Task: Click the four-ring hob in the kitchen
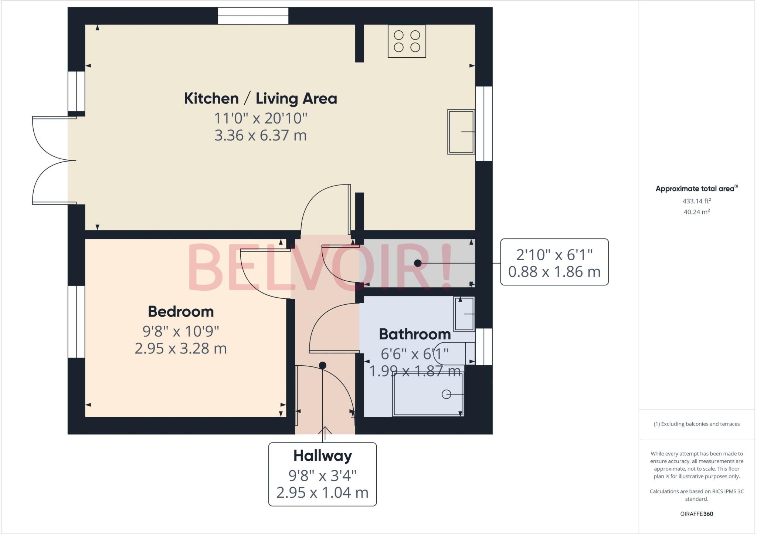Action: pyautogui.click(x=407, y=41)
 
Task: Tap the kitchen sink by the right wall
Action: pyautogui.click(x=461, y=132)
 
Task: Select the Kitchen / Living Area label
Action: pyautogui.click(x=261, y=99)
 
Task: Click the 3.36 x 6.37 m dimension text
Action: pyautogui.click(x=261, y=135)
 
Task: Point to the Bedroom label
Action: pyautogui.click(x=181, y=312)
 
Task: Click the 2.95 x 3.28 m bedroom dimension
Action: pyautogui.click(x=181, y=348)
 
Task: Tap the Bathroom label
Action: pyautogui.click(x=415, y=334)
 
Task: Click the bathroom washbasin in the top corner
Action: pyautogui.click(x=464, y=314)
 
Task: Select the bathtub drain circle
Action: pyautogui.click(x=446, y=395)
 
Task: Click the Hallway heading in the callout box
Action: pyautogui.click(x=322, y=456)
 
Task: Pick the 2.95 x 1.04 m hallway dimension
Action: pyautogui.click(x=322, y=492)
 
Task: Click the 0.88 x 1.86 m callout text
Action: pyautogui.click(x=554, y=272)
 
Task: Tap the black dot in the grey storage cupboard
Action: pyautogui.click(x=418, y=263)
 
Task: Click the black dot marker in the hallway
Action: pyautogui.click(x=322, y=365)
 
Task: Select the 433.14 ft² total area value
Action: pyautogui.click(x=696, y=201)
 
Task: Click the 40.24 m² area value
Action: pyautogui.click(x=696, y=212)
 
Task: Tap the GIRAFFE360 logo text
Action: pyautogui.click(x=696, y=514)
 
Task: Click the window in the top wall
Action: pyautogui.click(x=253, y=16)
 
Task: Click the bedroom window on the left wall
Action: pyautogui.click(x=77, y=321)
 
